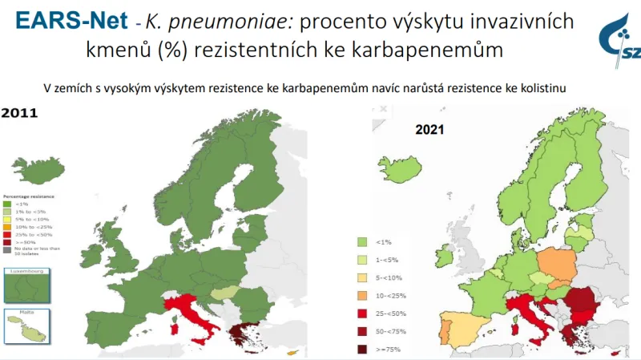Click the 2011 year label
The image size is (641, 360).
[19, 115]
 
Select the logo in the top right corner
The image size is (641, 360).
[620, 36]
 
